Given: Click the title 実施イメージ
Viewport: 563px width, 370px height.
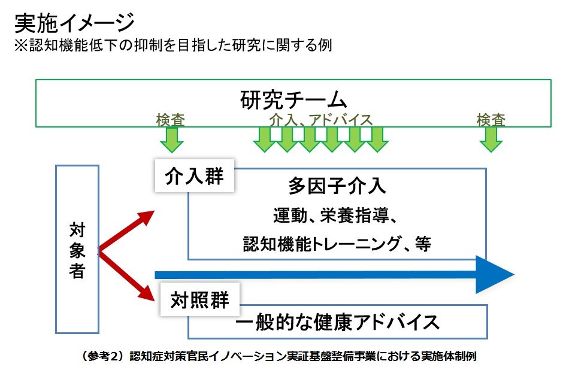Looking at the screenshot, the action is coord(74,23).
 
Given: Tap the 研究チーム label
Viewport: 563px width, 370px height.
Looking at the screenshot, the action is coord(293,100).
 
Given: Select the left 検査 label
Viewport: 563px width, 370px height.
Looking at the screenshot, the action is coord(170,120).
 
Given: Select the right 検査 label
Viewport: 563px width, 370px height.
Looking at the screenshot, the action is coord(491,120).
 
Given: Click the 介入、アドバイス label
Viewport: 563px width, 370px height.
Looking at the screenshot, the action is coord(321,120).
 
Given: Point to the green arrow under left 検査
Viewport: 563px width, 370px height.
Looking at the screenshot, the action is coord(172,140).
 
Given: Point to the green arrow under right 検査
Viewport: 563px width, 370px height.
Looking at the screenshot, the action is coord(491,140).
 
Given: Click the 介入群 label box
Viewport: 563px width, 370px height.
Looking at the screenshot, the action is coord(194,176).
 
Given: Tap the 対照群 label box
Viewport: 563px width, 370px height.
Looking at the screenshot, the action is coord(199,300).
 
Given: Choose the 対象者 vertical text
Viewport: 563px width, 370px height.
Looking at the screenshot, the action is coord(77,250).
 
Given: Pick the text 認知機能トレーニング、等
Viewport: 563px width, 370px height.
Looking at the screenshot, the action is coord(337,244).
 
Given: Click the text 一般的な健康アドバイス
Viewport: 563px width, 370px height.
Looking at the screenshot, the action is coord(337,322).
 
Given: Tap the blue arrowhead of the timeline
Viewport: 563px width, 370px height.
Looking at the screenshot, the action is coord(495,275).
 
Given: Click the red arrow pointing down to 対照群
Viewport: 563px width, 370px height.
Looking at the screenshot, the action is coord(126,275).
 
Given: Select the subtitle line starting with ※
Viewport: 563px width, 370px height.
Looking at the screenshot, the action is coord(173,46).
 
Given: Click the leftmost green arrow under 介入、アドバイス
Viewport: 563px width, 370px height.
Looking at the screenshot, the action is coord(265,140).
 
